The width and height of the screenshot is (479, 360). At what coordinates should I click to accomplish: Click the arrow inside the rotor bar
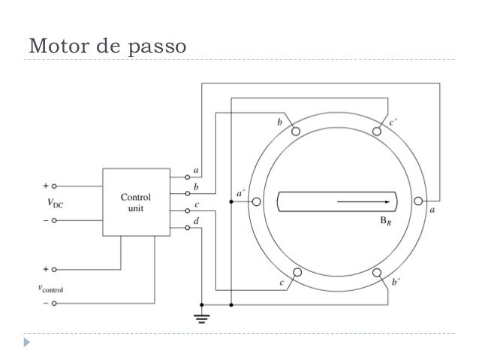click(x=365, y=201)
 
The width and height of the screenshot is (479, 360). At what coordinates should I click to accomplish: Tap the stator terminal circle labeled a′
click(x=257, y=201)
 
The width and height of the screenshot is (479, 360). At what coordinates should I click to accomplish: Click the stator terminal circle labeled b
click(x=297, y=132)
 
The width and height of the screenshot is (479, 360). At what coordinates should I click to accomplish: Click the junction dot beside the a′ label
click(x=232, y=201)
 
